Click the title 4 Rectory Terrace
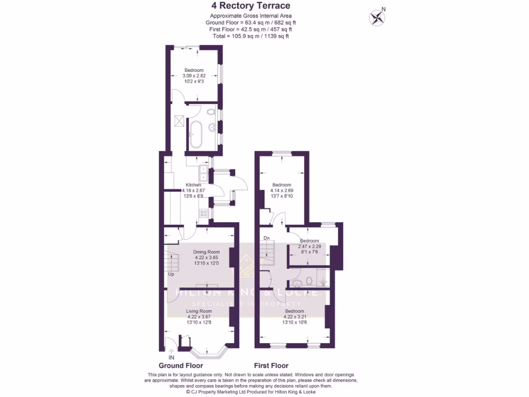[x=251, y=6]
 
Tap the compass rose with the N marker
[x=377, y=18]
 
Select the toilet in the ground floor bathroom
[x=211, y=112]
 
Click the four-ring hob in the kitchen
[x=203, y=212]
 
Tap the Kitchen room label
[x=193, y=185]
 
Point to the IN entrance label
[x=171, y=357]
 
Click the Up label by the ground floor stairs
[x=171, y=274]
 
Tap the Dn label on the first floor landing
[x=267, y=238]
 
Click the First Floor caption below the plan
[x=271, y=365]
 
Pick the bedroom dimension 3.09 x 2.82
[x=194, y=75]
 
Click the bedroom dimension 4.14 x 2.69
[x=282, y=191]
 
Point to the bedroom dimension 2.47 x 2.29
[x=309, y=247]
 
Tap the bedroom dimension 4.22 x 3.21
[x=294, y=316]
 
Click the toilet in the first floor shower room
[x=308, y=281]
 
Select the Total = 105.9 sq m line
[x=251, y=36]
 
